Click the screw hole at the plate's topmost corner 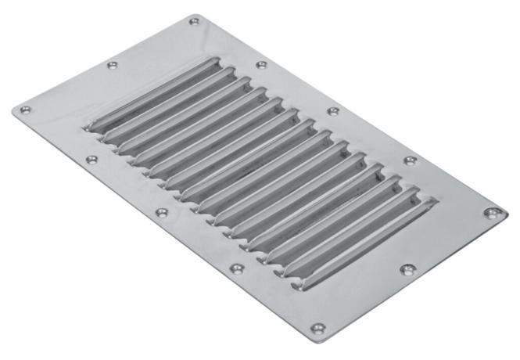pos(195,20)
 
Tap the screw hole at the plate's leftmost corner pos(26,110)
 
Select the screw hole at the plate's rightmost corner pos(490,212)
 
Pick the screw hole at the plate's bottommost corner pos(316,328)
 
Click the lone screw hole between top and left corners pos(112,65)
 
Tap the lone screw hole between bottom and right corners pos(406,269)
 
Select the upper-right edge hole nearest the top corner pos(261,64)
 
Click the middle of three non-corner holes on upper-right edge pos(333,111)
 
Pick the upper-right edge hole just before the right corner pos(410,160)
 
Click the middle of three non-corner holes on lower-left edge pos(162,212)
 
